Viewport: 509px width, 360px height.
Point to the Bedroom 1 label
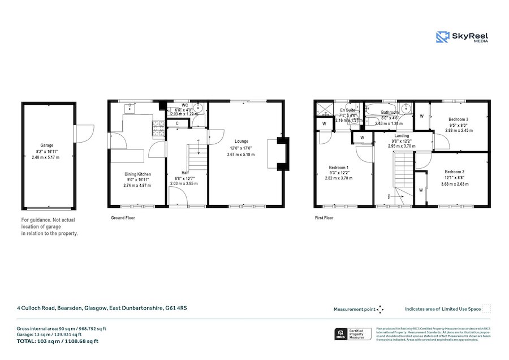click(x=339, y=168)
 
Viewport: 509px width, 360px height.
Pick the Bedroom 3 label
click(x=459, y=119)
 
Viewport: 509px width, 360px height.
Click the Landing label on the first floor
click(x=402, y=136)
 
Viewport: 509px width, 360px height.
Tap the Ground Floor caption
click(x=123, y=217)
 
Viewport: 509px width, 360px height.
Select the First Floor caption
click(x=324, y=217)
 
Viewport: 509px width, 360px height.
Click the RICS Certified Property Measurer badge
click(x=351, y=334)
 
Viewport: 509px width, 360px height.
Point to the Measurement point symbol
click(x=381, y=309)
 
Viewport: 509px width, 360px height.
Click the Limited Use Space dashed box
click(x=486, y=308)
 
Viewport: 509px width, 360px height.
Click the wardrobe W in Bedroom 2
click(x=421, y=190)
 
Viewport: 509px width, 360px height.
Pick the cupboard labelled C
click(x=176, y=123)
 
